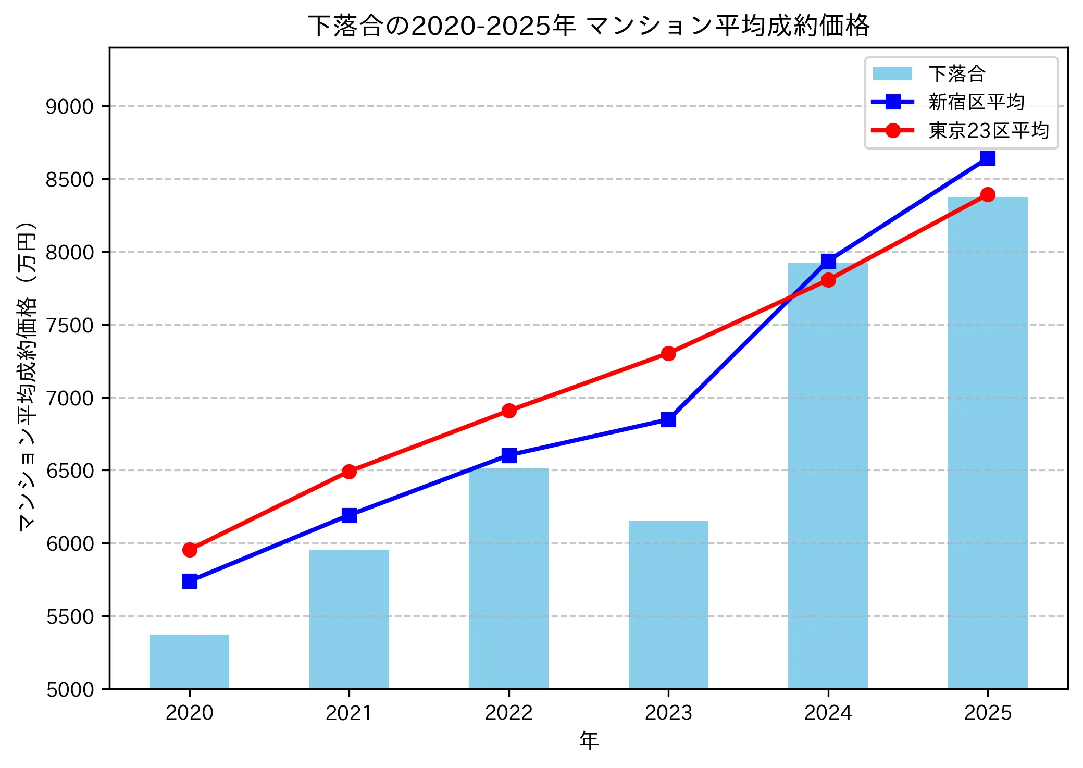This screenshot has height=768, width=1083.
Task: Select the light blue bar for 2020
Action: pos(189,661)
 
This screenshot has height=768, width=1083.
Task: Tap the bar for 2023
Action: pos(668,604)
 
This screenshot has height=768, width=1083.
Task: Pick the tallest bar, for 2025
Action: pos(988,443)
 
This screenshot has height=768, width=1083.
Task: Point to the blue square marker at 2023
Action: pos(668,419)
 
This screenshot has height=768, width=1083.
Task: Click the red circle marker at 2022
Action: pos(509,411)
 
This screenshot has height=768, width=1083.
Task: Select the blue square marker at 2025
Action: pos(988,157)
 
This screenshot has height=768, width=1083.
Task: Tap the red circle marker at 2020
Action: pos(190,550)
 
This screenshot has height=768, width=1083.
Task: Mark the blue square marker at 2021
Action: pos(349,515)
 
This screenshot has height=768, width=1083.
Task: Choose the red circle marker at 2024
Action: pos(828,280)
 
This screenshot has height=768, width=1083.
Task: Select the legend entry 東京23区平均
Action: pos(988,130)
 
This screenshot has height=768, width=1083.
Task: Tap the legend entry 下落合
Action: pos(957,74)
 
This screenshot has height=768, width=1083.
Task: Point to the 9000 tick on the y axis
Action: pos(69,106)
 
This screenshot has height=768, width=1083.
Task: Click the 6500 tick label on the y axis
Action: pos(69,470)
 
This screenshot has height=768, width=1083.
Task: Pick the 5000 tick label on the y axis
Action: pos(69,689)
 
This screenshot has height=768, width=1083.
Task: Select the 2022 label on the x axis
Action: pos(509,713)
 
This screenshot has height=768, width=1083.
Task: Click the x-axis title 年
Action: pos(589,740)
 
